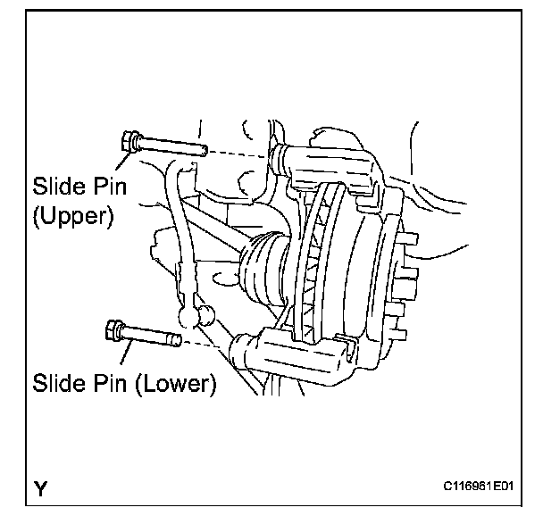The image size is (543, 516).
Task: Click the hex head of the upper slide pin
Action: tap(129, 141)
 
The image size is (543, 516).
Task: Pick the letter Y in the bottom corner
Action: tap(40, 488)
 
